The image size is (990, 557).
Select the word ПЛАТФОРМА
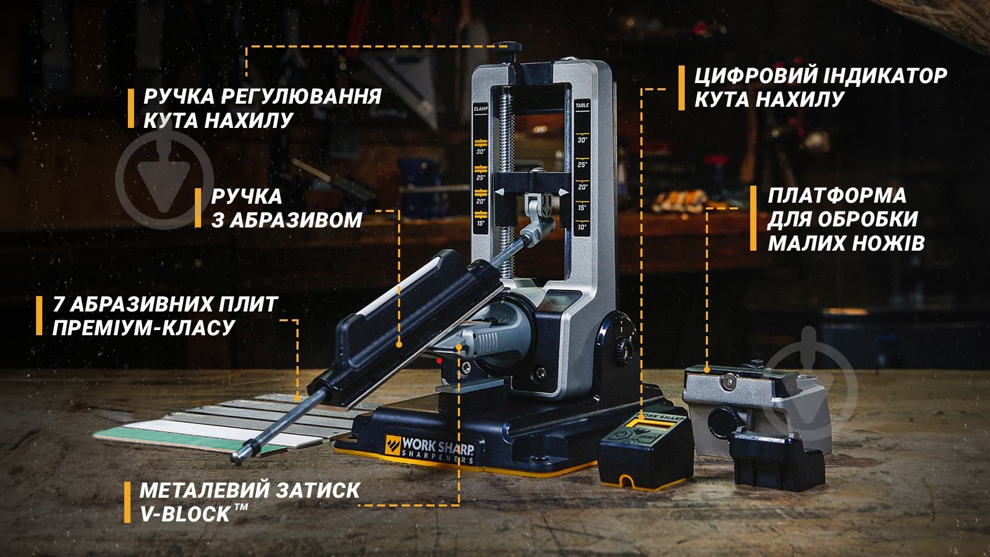[x=837, y=195]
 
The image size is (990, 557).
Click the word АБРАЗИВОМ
[x=287, y=220]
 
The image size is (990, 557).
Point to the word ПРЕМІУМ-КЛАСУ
[x=144, y=327]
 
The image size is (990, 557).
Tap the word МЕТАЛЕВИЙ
[x=205, y=490]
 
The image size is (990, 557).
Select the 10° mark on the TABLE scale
[x=582, y=227]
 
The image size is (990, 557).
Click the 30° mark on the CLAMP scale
[x=481, y=152]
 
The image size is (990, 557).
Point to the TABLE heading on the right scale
[x=582, y=105]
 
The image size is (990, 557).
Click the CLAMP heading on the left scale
[x=481, y=109]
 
